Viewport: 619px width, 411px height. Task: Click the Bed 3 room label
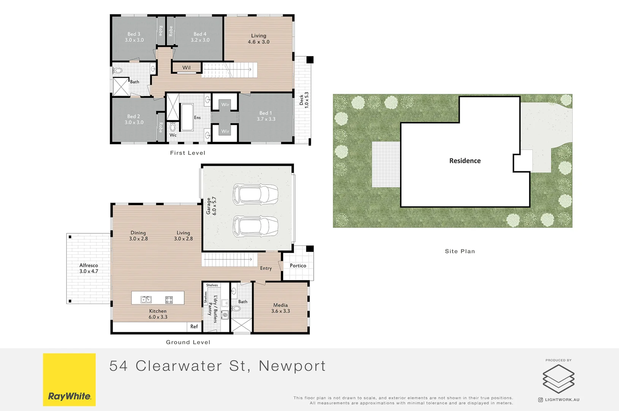134,34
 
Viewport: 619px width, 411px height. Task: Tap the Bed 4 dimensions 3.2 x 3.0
200,40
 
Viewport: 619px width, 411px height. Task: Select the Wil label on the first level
186,68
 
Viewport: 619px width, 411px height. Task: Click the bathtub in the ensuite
187,117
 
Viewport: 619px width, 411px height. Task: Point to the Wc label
173,135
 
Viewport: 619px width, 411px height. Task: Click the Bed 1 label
266,113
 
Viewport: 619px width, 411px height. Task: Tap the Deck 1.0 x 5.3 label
304,100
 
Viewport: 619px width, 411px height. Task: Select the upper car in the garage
255,194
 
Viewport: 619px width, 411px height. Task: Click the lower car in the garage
255,226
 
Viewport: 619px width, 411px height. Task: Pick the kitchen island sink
146,299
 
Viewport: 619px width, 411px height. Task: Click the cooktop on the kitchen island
169,299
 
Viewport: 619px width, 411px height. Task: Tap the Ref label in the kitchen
194,327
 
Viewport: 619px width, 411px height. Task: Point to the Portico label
298,266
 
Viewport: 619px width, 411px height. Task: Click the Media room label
280,305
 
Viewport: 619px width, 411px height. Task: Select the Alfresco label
89,265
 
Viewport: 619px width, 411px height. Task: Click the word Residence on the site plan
465,161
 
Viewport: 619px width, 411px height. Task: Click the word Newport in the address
292,366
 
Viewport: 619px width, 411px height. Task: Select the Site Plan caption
460,251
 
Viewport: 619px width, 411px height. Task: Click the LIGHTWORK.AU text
562,400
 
